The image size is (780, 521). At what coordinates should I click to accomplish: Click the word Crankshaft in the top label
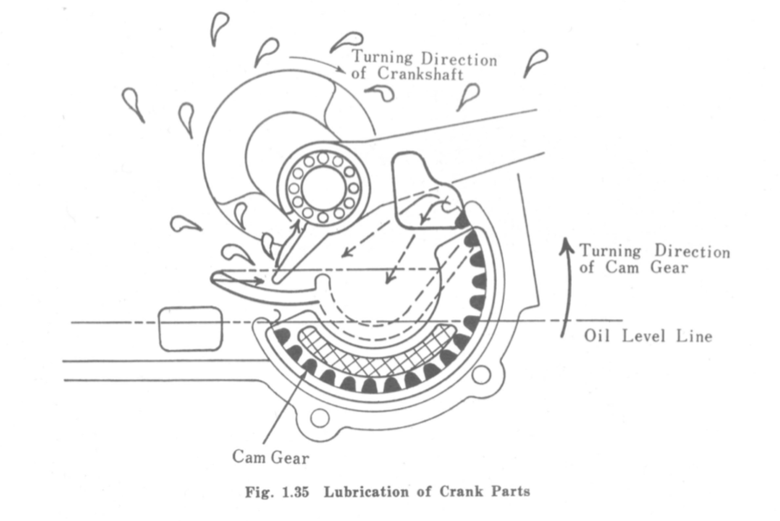click(x=420, y=74)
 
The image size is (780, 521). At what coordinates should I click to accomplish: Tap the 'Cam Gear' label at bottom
click(x=271, y=457)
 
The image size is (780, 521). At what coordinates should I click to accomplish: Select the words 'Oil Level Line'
click(x=648, y=336)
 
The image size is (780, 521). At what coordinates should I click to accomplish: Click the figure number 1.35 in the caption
click(x=295, y=492)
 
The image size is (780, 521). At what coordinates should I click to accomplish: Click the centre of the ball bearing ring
click(x=323, y=188)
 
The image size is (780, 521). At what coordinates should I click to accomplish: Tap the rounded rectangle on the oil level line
click(x=191, y=329)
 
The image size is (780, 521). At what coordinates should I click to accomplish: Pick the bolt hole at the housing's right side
click(x=481, y=375)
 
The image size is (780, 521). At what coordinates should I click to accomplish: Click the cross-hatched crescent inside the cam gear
click(x=375, y=353)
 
